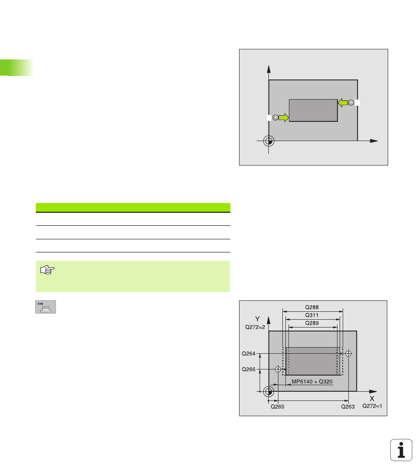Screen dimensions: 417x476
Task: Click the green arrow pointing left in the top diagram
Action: (x=343, y=103)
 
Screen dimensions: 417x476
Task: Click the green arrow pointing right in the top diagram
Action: (x=284, y=117)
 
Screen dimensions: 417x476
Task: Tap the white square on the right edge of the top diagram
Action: (x=358, y=103)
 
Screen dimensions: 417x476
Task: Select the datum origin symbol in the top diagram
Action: (x=269, y=141)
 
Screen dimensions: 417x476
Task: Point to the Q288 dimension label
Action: (x=312, y=307)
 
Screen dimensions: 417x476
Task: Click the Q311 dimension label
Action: (x=312, y=315)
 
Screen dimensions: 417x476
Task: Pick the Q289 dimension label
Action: (x=312, y=323)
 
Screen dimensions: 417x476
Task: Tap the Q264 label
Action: (x=249, y=354)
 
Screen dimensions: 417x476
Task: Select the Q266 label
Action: (x=249, y=369)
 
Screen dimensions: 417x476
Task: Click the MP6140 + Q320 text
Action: (x=312, y=382)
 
